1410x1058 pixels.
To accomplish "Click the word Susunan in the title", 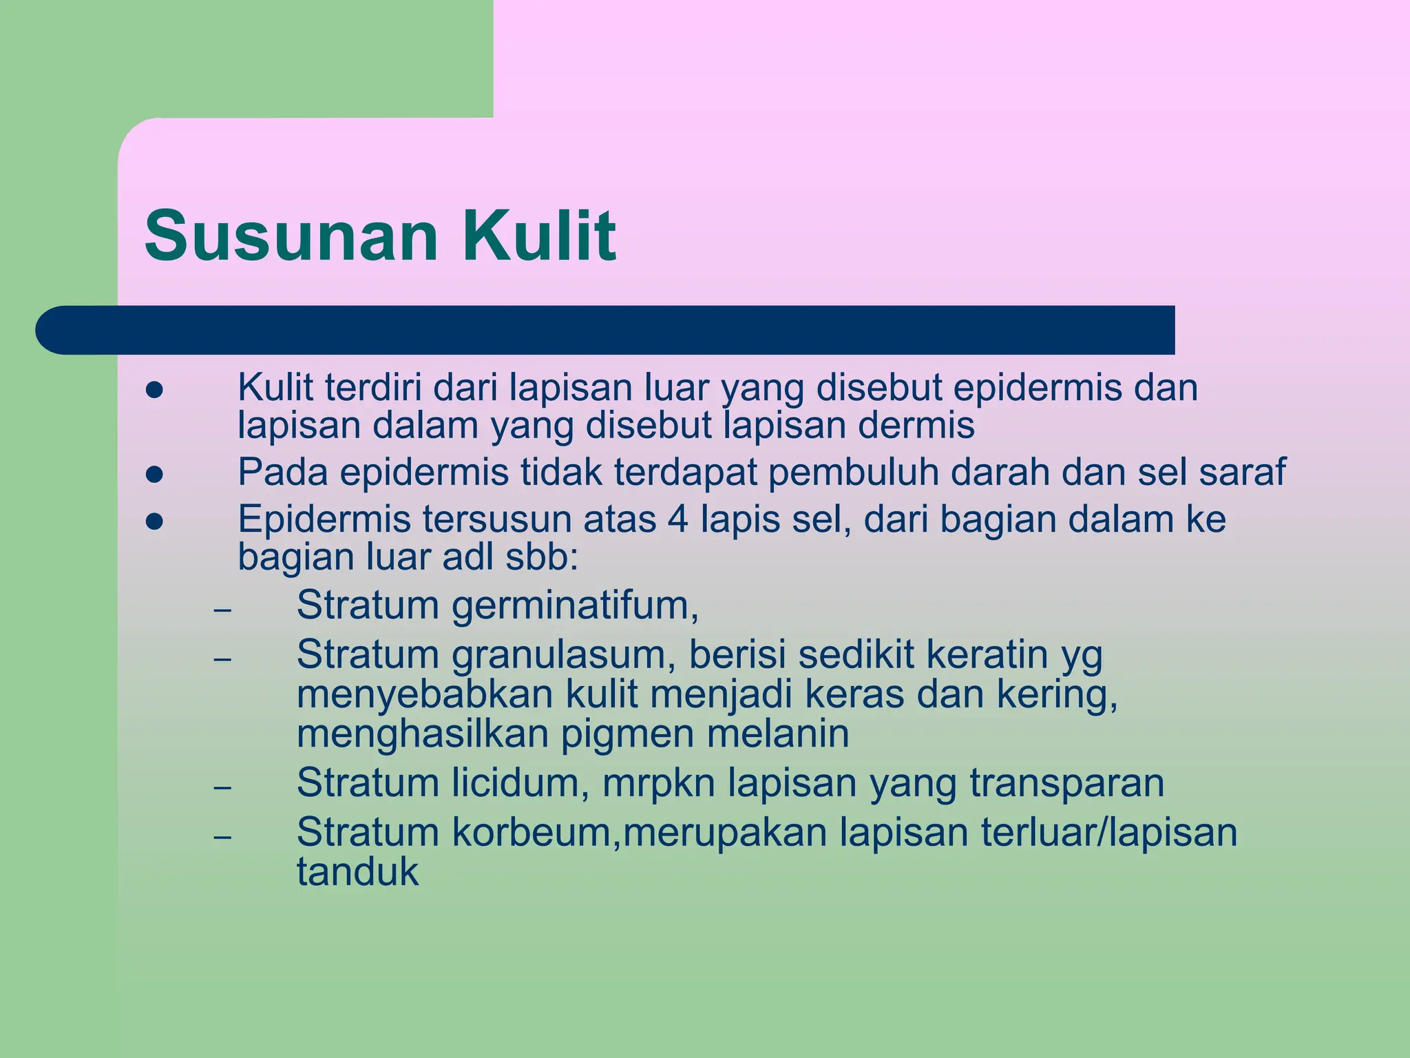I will pos(291,236).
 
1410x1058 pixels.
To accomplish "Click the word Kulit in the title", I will pos(539,236).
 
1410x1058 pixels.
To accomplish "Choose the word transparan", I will pos(1067,783).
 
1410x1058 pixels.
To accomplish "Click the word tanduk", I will pos(357,872).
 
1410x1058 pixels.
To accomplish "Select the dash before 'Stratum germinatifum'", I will pos(222,610).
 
